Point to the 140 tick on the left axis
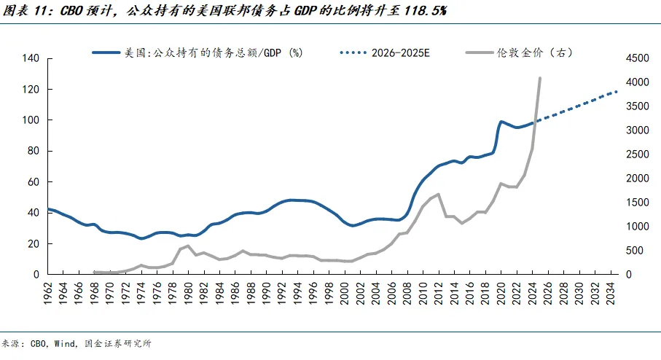pos(33,58)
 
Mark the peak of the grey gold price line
pos(539,77)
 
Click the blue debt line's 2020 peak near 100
pos(501,122)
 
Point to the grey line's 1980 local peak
pos(189,246)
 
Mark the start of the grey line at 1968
pos(95,272)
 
